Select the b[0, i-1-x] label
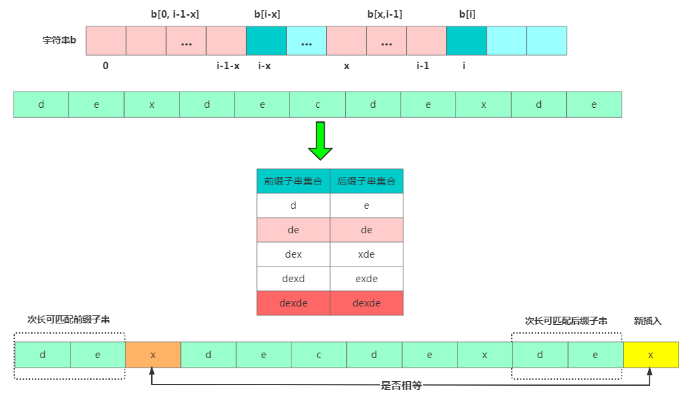(175, 14)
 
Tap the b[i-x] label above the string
(267, 14)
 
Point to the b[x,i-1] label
(385, 14)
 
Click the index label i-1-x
(228, 66)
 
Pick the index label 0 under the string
(106, 66)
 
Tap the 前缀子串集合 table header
(293, 181)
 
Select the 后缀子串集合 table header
(367, 181)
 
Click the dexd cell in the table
(293, 279)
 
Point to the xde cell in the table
(367, 254)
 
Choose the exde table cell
(367, 279)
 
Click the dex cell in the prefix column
(293, 254)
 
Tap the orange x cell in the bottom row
(153, 355)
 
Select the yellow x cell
(651, 355)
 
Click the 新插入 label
(647, 321)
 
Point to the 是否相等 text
(401, 385)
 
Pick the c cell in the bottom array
(319, 355)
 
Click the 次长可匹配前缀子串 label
(69, 319)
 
